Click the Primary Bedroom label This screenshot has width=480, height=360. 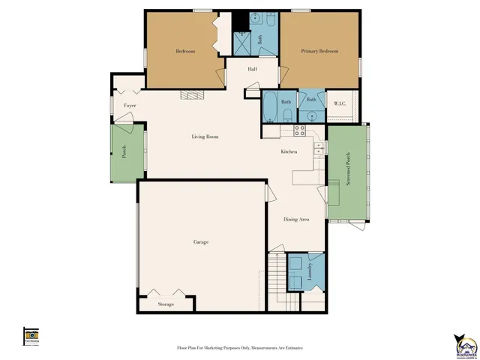click(x=319, y=51)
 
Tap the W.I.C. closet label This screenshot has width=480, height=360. click(x=339, y=103)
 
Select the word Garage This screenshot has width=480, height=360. click(x=200, y=242)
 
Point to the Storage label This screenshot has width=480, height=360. click(x=166, y=304)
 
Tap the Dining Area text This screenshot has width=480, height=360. click(x=297, y=220)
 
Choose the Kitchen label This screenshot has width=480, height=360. click(x=289, y=151)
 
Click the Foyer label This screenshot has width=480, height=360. click(x=130, y=106)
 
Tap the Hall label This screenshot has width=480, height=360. click(x=242, y=69)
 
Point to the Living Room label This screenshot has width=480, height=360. click(x=205, y=136)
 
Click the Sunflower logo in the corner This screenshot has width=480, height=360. click(x=463, y=344)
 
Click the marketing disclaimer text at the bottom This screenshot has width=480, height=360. click(x=240, y=348)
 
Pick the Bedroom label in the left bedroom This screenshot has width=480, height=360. click(x=185, y=51)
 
